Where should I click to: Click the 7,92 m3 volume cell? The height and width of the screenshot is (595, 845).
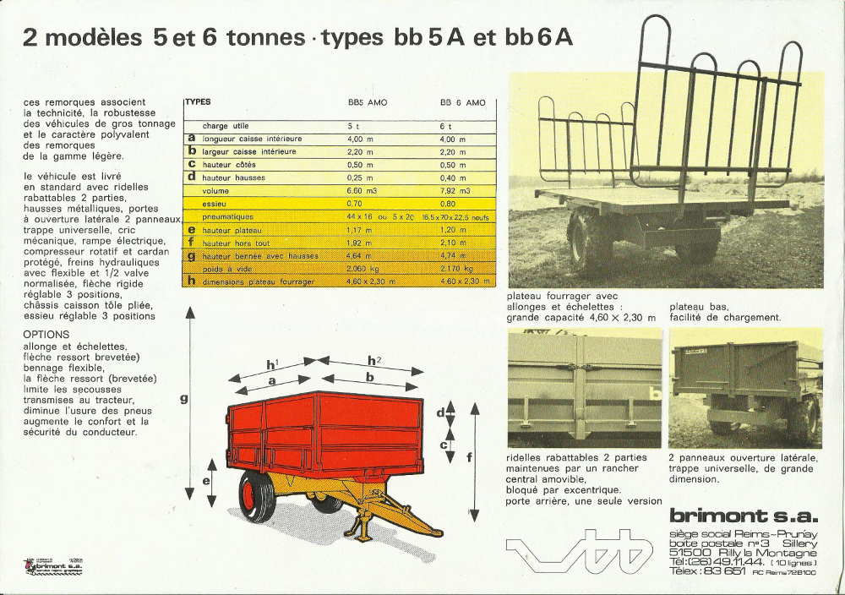[452, 190]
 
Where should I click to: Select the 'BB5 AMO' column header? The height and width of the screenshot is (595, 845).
[368, 102]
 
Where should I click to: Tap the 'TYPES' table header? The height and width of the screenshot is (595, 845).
[198, 101]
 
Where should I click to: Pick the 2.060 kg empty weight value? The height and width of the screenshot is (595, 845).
[361, 269]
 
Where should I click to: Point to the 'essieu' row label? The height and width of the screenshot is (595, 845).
[214, 204]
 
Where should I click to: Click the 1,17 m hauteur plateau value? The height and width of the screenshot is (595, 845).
[359, 230]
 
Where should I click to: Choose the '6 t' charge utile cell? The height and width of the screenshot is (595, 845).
[445, 125]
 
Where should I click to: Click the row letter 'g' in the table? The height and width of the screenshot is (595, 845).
[192, 255]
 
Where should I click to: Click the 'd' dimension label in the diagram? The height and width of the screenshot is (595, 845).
[441, 412]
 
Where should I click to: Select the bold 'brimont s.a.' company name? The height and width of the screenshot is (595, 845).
[743, 515]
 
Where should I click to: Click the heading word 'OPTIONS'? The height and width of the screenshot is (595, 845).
[47, 334]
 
